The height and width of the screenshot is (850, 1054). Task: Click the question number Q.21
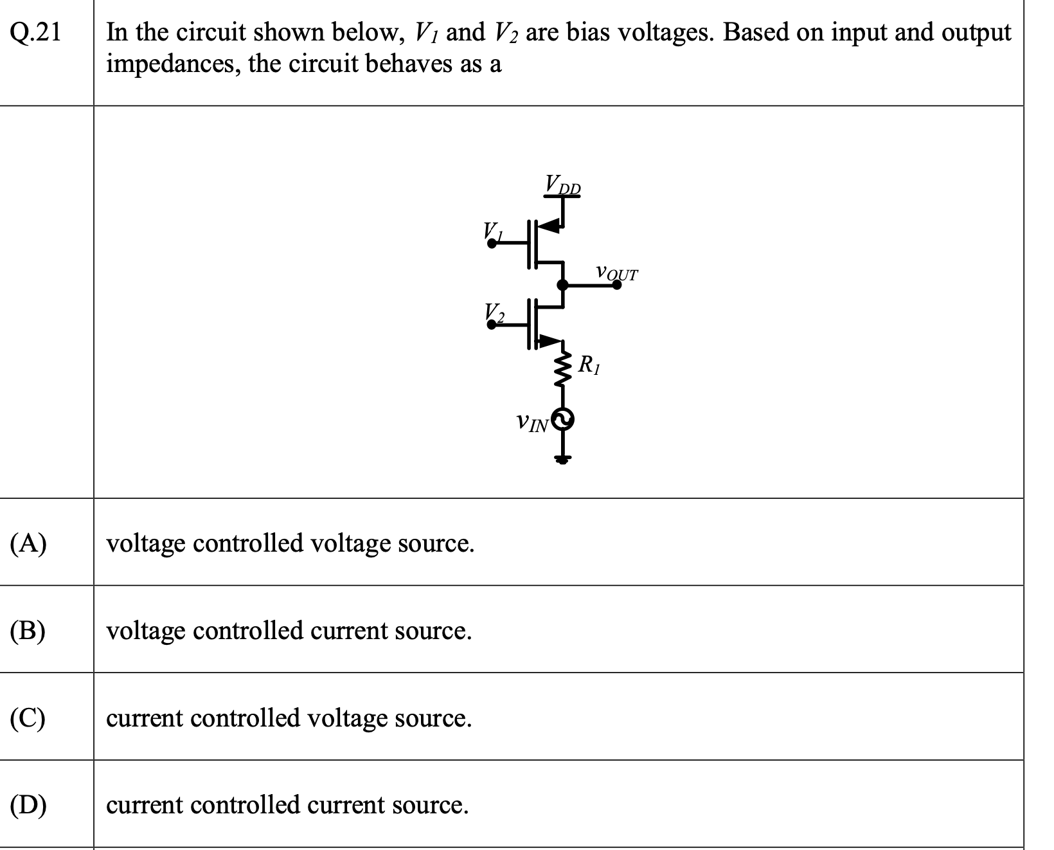coord(36,32)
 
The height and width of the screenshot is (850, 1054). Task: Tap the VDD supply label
coord(563,184)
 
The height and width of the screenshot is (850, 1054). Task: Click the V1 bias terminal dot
coord(492,243)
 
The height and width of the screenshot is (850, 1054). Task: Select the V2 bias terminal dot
coord(492,324)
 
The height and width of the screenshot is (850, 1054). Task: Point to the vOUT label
coord(616,273)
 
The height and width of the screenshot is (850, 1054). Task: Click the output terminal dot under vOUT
coord(616,285)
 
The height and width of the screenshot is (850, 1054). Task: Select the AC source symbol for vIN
coord(563,420)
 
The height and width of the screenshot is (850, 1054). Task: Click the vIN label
coord(532,423)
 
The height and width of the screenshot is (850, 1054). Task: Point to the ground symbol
coord(563,459)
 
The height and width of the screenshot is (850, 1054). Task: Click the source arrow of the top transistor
coord(549,226)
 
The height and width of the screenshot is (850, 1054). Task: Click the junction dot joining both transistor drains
coord(563,285)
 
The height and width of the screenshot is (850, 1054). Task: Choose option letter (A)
coord(28,543)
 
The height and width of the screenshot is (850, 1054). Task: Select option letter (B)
coord(28,631)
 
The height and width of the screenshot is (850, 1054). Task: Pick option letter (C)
coord(28,718)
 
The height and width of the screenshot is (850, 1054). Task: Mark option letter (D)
coord(28,806)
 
